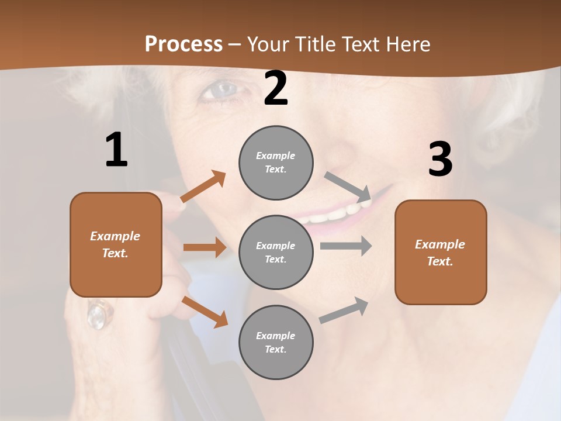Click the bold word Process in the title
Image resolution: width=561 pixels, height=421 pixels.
(x=183, y=44)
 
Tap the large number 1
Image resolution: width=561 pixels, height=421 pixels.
(x=116, y=150)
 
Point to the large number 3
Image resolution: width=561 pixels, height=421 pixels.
(x=440, y=160)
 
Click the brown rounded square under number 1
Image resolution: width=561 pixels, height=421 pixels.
(x=116, y=244)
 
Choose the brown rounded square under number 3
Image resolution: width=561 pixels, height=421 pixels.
(x=441, y=252)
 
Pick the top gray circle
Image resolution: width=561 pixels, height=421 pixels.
(x=276, y=163)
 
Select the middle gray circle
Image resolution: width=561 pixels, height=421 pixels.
(x=276, y=252)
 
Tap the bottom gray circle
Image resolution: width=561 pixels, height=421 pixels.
(x=276, y=342)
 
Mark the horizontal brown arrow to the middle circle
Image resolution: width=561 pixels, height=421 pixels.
(x=205, y=247)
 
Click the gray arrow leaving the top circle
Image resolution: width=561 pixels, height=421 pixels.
(x=348, y=187)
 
